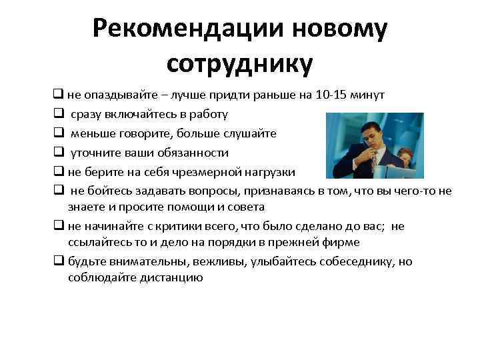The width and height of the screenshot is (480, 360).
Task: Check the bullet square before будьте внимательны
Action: (59, 261)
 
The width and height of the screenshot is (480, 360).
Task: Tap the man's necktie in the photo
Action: (373, 160)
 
